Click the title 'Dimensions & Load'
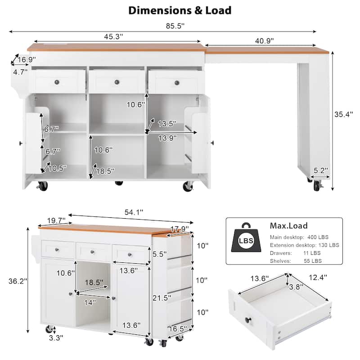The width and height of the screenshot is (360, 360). click(x=180, y=10)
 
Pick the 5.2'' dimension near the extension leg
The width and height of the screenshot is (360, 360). click(x=321, y=171)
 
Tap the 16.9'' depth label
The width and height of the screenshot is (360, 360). click(x=27, y=59)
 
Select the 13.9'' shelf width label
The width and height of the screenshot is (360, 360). click(x=168, y=139)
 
